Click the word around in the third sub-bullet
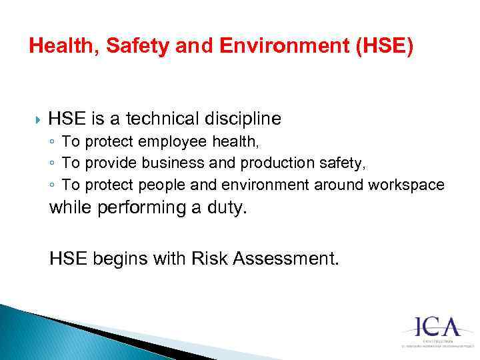point(341,185)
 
